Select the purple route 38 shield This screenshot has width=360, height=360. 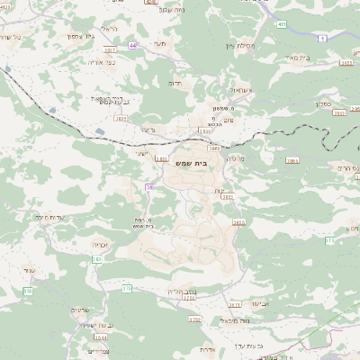tap(148, 186)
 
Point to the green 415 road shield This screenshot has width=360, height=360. tap(282, 23)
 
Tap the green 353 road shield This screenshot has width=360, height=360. tap(97, 259)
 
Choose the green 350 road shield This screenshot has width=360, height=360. tap(27, 291)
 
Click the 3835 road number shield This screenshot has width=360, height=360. tap(120, 117)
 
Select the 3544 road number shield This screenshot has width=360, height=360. tap(101, 337)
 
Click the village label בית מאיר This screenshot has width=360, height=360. tap(328, 56)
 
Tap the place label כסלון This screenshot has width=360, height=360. tap(327, 103)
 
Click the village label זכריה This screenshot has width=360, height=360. tap(100, 243)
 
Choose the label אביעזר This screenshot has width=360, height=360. tap(260, 303)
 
